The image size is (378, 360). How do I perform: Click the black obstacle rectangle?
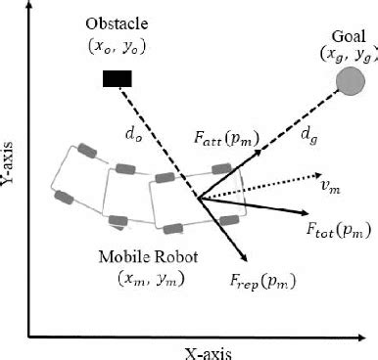(x=118, y=78)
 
